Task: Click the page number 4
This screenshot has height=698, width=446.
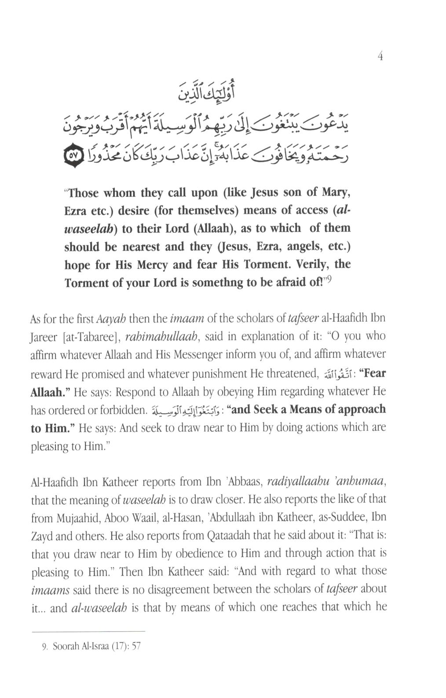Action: pyautogui.click(x=380, y=57)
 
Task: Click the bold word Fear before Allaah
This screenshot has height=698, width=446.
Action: pyautogui.click(x=373, y=373)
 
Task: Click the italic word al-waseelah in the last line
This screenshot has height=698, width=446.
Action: pyautogui.click(x=99, y=608)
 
